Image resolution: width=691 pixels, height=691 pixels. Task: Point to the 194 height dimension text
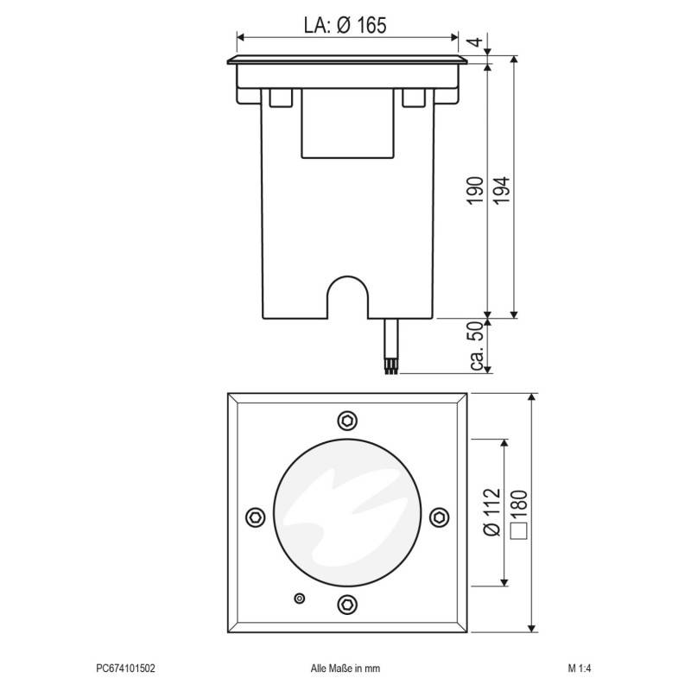502,190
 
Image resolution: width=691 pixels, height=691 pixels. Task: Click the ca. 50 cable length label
476,347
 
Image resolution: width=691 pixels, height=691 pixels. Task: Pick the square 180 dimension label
518,514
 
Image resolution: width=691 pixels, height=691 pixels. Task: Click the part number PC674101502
125,668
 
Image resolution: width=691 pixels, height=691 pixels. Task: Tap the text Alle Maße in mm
345,668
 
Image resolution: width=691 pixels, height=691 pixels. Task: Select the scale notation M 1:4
579,668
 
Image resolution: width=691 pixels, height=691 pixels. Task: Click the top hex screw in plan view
346,420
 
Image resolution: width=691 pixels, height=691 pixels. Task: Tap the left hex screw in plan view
254,516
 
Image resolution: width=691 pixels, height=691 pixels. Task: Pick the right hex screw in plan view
439,516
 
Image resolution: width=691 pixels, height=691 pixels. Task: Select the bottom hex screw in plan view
346,604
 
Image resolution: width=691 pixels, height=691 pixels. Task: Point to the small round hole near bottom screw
300,598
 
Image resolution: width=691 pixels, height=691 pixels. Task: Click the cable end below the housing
391,367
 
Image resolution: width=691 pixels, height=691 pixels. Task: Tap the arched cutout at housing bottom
346,298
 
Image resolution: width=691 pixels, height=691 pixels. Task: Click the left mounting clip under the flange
281,98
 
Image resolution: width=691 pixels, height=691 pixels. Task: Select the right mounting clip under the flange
414,98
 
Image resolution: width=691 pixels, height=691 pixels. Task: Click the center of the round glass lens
346,516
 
